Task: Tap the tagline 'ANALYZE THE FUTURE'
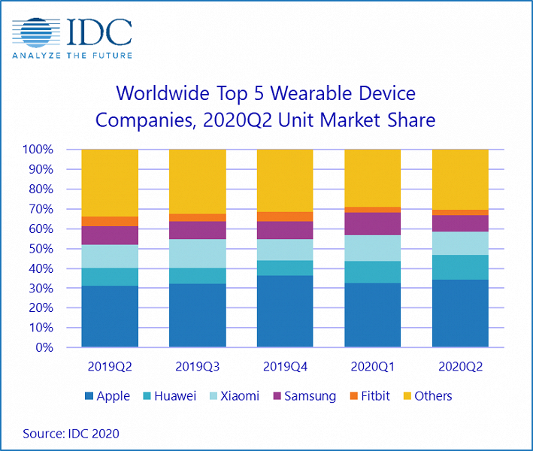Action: tap(73, 55)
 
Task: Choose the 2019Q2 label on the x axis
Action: tap(110, 366)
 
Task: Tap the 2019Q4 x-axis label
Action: tap(285, 366)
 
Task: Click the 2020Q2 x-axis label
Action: tap(459, 366)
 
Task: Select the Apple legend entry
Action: tap(105, 395)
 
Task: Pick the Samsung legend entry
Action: tap(303, 395)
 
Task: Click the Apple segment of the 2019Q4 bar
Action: tap(285, 311)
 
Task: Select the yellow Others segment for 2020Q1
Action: tap(372, 177)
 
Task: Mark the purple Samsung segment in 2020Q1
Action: tap(372, 224)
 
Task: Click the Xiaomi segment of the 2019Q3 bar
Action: tap(197, 253)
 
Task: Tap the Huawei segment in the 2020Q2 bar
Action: tap(459, 267)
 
